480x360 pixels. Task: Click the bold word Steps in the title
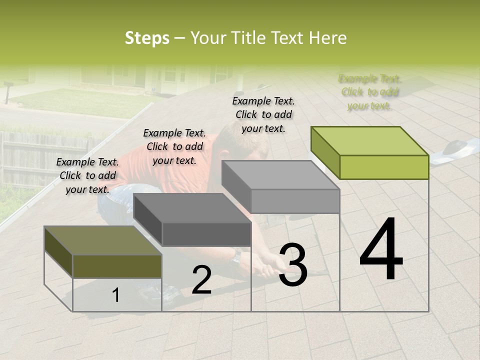(147, 38)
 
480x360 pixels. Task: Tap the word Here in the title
(328, 38)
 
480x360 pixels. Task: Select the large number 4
(381, 249)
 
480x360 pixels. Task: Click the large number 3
(293, 265)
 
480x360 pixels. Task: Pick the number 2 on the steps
(201, 280)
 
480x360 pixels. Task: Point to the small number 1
(115, 295)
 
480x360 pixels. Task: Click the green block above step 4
(370, 153)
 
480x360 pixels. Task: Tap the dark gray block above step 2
(192, 219)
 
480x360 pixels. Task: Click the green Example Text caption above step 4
(370, 92)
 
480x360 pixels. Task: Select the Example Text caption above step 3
(263, 114)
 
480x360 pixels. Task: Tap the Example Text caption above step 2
(174, 146)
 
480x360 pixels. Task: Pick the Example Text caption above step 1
(87, 175)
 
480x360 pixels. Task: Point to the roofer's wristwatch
(236, 256)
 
